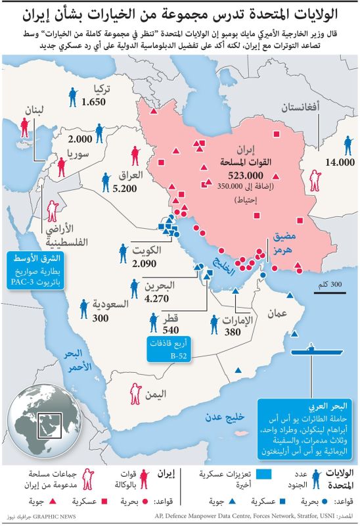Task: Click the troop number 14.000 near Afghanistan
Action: tap(337, 162)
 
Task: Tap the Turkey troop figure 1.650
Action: tap(94, 102)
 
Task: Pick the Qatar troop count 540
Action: tap(171, 329)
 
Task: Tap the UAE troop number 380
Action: tap(233, 333)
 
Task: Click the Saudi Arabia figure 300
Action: tap(101, 318)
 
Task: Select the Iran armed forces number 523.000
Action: tap(246, 176)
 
